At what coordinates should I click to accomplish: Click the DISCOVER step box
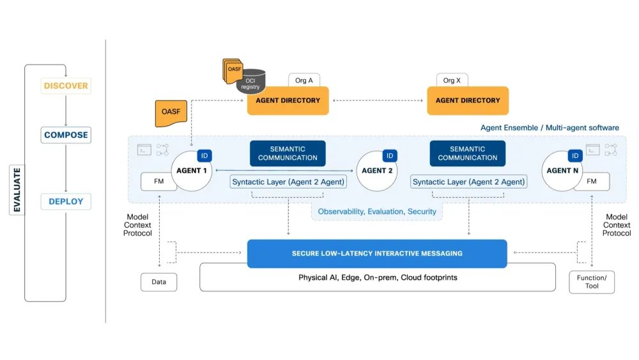coord(66,86)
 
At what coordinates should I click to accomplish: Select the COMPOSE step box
coord(66,135)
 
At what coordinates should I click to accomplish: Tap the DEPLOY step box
coord(66,201)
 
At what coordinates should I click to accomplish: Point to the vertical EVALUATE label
coord(17,189)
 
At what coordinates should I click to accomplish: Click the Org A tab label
coord(304,81)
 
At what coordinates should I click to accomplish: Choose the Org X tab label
coord(452,81)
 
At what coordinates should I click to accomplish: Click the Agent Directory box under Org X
coord(468,100)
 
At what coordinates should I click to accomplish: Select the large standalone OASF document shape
coord(171,113)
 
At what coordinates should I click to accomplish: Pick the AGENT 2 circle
coord(377,171)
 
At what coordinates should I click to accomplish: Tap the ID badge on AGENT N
coord(575,156)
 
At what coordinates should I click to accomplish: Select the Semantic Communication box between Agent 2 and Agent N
coord(468,153)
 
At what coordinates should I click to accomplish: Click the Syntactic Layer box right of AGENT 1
coord(288,182)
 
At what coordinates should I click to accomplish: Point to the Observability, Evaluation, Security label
coord(377,212)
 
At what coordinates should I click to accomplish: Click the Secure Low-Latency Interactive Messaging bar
coord(377,253)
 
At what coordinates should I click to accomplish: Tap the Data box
coord(159,282)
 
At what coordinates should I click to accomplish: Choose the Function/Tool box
coord(592,282)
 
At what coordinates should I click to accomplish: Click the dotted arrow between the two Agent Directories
coord(378,100)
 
